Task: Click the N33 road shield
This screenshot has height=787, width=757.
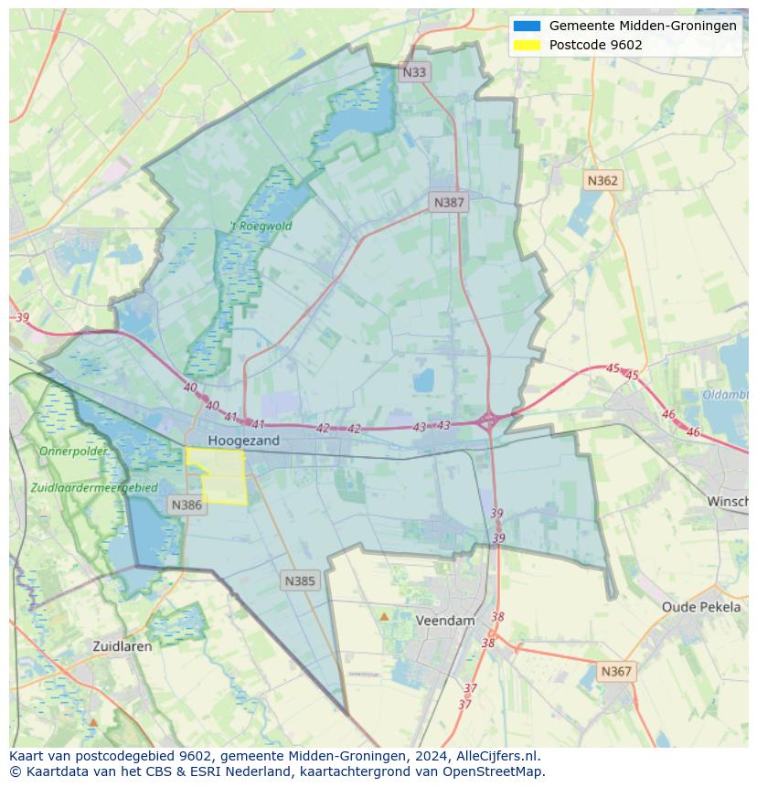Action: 414,72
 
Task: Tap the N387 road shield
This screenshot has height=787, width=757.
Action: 449,203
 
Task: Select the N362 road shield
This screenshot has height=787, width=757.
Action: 602,181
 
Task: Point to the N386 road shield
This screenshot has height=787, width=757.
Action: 187,505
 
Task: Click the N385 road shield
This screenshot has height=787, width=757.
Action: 300,580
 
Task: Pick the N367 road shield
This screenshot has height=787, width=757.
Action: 616,672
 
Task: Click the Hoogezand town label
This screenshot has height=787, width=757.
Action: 243,441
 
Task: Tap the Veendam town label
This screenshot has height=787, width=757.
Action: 445,621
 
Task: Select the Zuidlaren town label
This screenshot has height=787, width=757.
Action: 123,646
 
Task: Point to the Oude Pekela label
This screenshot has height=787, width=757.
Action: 701,607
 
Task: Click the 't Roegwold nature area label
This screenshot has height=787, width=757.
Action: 261,226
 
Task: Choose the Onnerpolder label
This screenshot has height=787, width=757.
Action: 73,452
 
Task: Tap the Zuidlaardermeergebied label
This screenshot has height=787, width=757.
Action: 93,488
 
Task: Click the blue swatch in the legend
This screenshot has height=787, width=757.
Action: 528,27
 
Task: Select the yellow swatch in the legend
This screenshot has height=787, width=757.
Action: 528,45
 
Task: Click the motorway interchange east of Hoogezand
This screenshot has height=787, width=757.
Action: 488,421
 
